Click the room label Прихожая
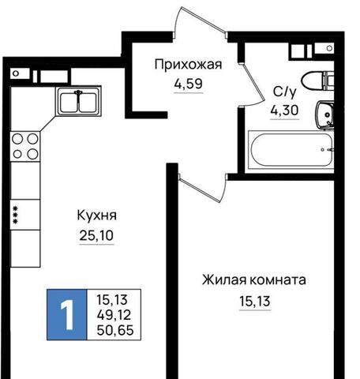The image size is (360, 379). click(188, 65)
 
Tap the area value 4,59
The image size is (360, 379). click(188, 84)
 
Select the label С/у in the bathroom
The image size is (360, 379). click(285, 92)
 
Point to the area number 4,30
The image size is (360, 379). click(284, 110)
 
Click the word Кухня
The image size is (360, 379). click(96, 216)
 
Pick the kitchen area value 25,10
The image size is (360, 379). click(96, 235)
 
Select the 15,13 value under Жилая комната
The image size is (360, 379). click(255, 301)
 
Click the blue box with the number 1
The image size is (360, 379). click(67, 314)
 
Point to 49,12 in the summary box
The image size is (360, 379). click(114, 315)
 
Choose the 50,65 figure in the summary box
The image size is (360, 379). click(115, 330)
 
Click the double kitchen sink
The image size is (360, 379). click(78, 101)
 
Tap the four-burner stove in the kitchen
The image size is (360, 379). click(25, 146)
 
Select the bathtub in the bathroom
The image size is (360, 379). click(291, 150)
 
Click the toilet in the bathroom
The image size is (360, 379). click(318, 81)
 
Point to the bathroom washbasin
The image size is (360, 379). click(324, 115)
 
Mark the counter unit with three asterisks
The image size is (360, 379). click(25, 215)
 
